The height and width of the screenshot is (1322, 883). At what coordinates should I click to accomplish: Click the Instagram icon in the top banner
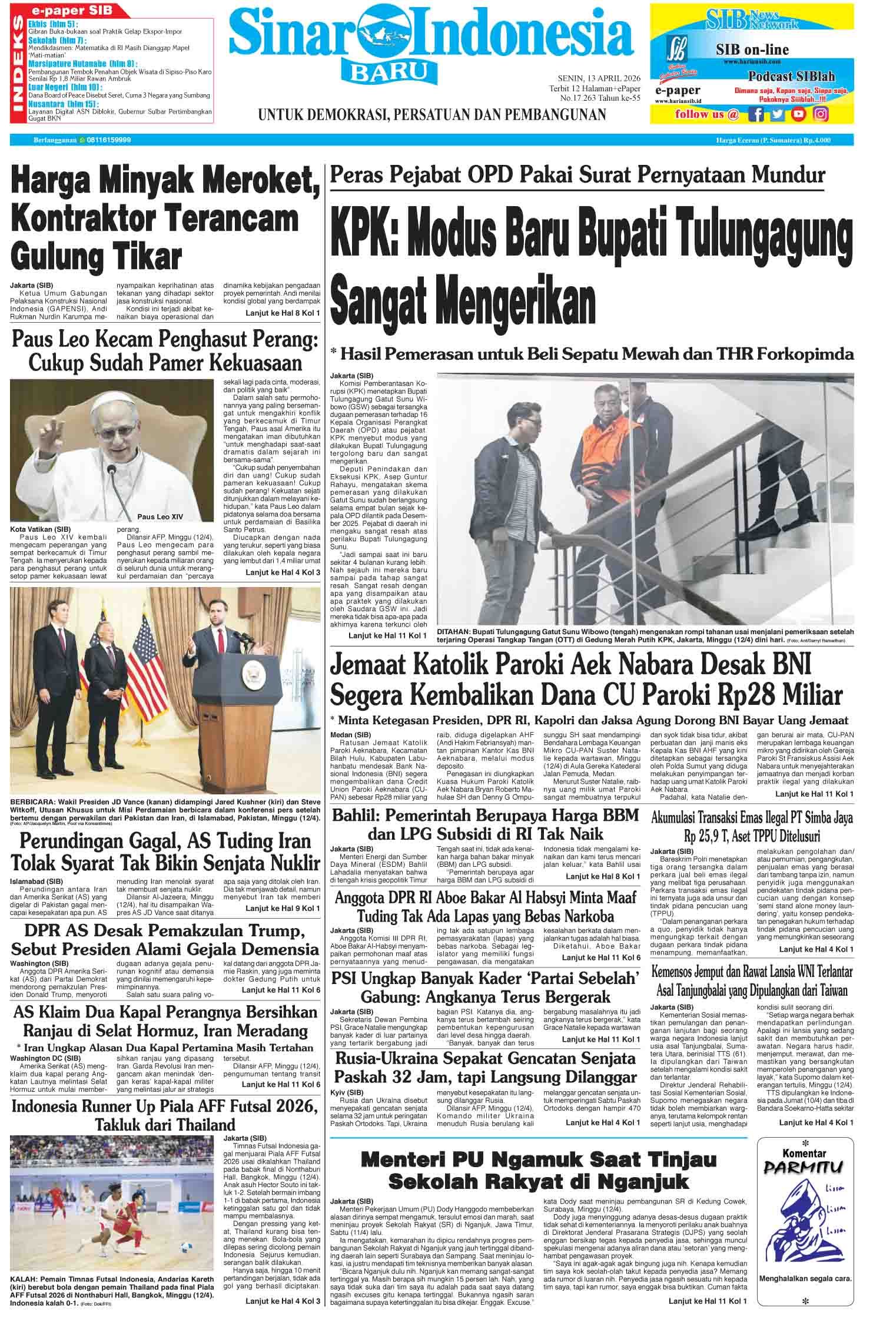click(x=821, y=114)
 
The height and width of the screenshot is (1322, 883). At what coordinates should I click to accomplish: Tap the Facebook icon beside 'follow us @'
click(x=757, y=114)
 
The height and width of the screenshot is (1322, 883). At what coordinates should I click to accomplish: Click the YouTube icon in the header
click(x=799, y=114)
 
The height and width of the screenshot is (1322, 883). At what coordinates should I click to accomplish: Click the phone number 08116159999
click(x=109, y=140)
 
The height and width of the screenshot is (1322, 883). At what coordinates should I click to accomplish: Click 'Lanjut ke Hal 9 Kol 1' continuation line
click(x=283, y=908)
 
